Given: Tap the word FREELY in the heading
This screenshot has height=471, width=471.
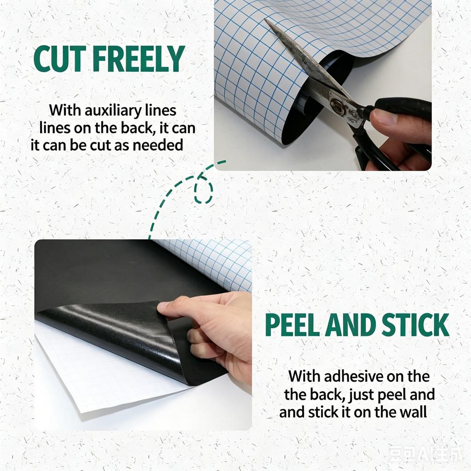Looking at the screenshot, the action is point(138,59).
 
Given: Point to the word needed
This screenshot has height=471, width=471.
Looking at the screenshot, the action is point(158,145).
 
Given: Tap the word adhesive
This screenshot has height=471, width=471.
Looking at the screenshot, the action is point(354,376).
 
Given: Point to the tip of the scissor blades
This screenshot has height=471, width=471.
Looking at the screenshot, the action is point(265,19).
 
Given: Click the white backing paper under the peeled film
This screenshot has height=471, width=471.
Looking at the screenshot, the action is point(99,375).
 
